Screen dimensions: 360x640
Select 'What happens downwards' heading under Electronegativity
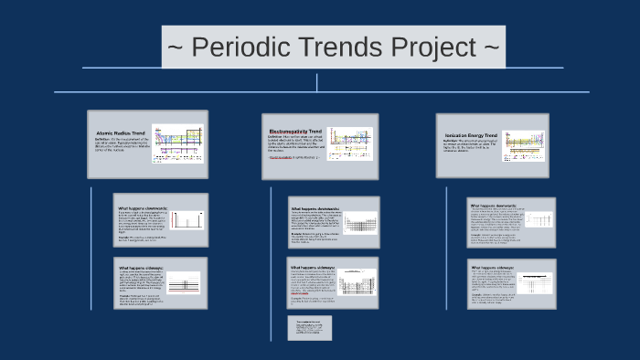pos(314,209)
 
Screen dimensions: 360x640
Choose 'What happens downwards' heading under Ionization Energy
pos(493,206)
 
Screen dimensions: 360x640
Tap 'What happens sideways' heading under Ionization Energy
pos(492,268)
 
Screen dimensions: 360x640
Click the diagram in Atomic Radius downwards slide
pos(185,221)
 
